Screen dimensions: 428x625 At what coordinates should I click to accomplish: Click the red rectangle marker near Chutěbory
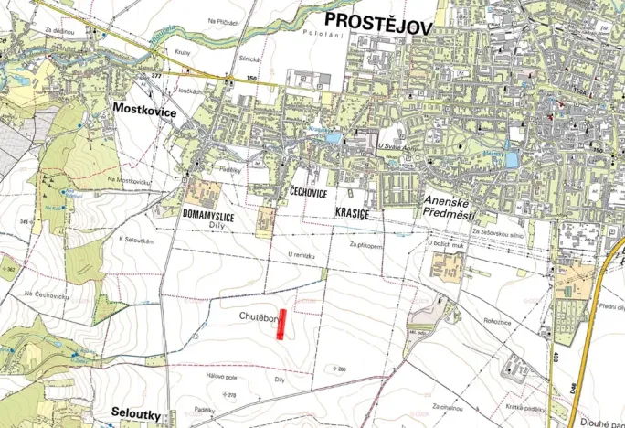282,325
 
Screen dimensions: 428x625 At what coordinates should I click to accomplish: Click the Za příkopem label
365,245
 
